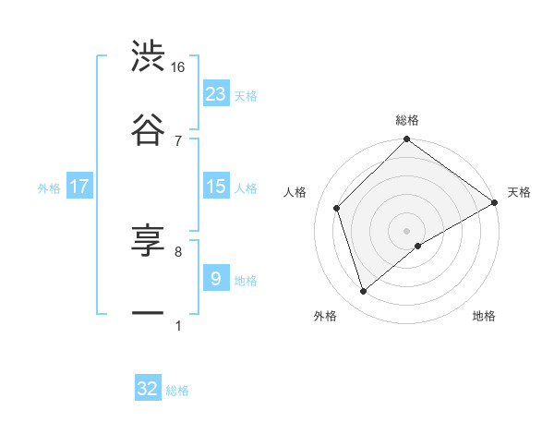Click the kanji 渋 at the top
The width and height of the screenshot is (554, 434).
click(148, 57)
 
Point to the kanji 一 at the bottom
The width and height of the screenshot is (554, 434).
click(148, 314)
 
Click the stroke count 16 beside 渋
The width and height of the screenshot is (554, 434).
click(178, 67)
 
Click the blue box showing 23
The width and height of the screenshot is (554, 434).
click(216, 93)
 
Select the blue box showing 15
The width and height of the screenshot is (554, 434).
click(216, 187)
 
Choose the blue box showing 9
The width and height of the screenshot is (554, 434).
click(216, 278)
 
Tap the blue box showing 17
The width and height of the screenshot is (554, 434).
click(79, 187)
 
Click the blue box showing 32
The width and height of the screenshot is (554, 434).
click(148, 389)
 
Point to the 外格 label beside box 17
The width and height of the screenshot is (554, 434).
click(49, 188)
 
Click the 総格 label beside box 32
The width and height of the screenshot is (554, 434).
click(177, 391)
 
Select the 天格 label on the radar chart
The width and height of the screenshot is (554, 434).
click(519, 193)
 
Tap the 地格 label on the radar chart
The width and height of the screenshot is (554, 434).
click(484, 317)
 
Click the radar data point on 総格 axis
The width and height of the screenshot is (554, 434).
click(407, 140)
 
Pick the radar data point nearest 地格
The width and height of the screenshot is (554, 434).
click(418, 246)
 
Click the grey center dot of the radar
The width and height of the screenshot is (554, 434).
click(407, 230)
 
